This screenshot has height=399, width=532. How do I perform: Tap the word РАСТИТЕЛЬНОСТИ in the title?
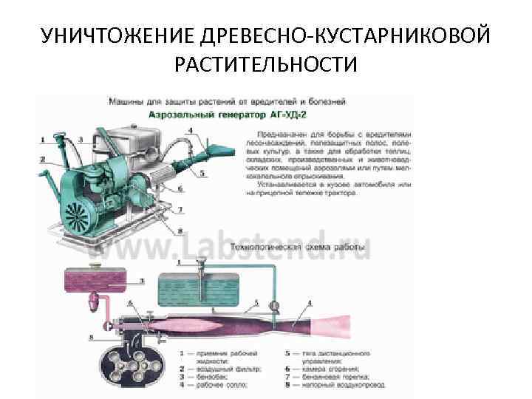(265, 66)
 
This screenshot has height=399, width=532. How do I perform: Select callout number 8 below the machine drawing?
(180, 230)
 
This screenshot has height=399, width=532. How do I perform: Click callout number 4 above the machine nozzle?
(191, 132)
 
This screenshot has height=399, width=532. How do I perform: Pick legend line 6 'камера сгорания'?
(330, 368)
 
